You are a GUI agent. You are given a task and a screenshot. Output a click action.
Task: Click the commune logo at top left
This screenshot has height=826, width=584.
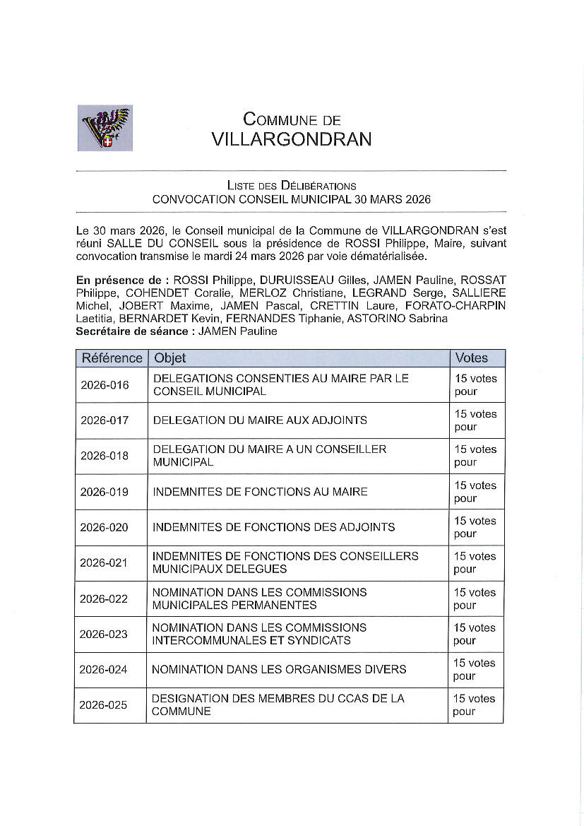tap(105, 128)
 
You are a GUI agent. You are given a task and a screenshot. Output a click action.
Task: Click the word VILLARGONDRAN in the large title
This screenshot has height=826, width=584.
tap(291, 139)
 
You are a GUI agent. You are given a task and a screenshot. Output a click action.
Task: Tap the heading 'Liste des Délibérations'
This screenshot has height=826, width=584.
tap(291, 186)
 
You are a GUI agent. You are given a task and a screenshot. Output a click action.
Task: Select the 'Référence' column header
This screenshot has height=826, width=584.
tap(112, 358)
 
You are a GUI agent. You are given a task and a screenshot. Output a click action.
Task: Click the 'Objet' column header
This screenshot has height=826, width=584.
tap(170, 358)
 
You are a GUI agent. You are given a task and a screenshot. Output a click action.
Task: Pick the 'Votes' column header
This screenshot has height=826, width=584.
tap(471, 358)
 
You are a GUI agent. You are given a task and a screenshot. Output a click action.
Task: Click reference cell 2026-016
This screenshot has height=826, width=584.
tap(105, 385)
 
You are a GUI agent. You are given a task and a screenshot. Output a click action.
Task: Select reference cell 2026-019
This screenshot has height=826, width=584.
tap(105, 492)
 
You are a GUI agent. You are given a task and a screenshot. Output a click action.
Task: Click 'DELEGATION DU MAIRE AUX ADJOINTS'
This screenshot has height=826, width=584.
tap(260, 420)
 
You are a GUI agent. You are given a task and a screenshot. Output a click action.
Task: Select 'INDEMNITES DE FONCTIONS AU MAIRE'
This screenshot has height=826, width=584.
tap(260, 492)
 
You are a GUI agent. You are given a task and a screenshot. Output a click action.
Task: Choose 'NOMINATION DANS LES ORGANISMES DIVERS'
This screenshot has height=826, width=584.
tap(279, 669)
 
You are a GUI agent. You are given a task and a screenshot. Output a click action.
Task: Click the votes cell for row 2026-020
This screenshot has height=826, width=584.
tap(475, 527)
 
